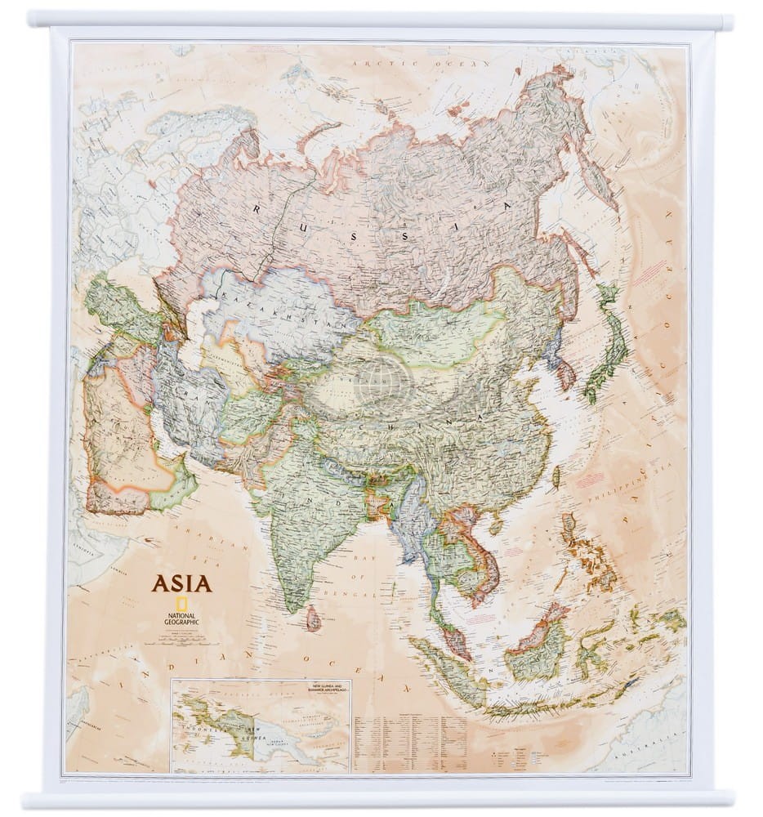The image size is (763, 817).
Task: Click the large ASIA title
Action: pyautogui.click(x=181, y=583)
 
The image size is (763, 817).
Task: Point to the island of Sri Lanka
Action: pyautogui.click(x=313, y=618)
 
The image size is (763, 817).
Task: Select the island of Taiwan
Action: pyautogui.click(x=557, y=476)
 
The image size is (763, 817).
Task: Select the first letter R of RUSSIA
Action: pyautogui.click(x=257, y=209)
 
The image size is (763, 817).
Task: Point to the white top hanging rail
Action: pyautogui.click(x=381, y=20)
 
